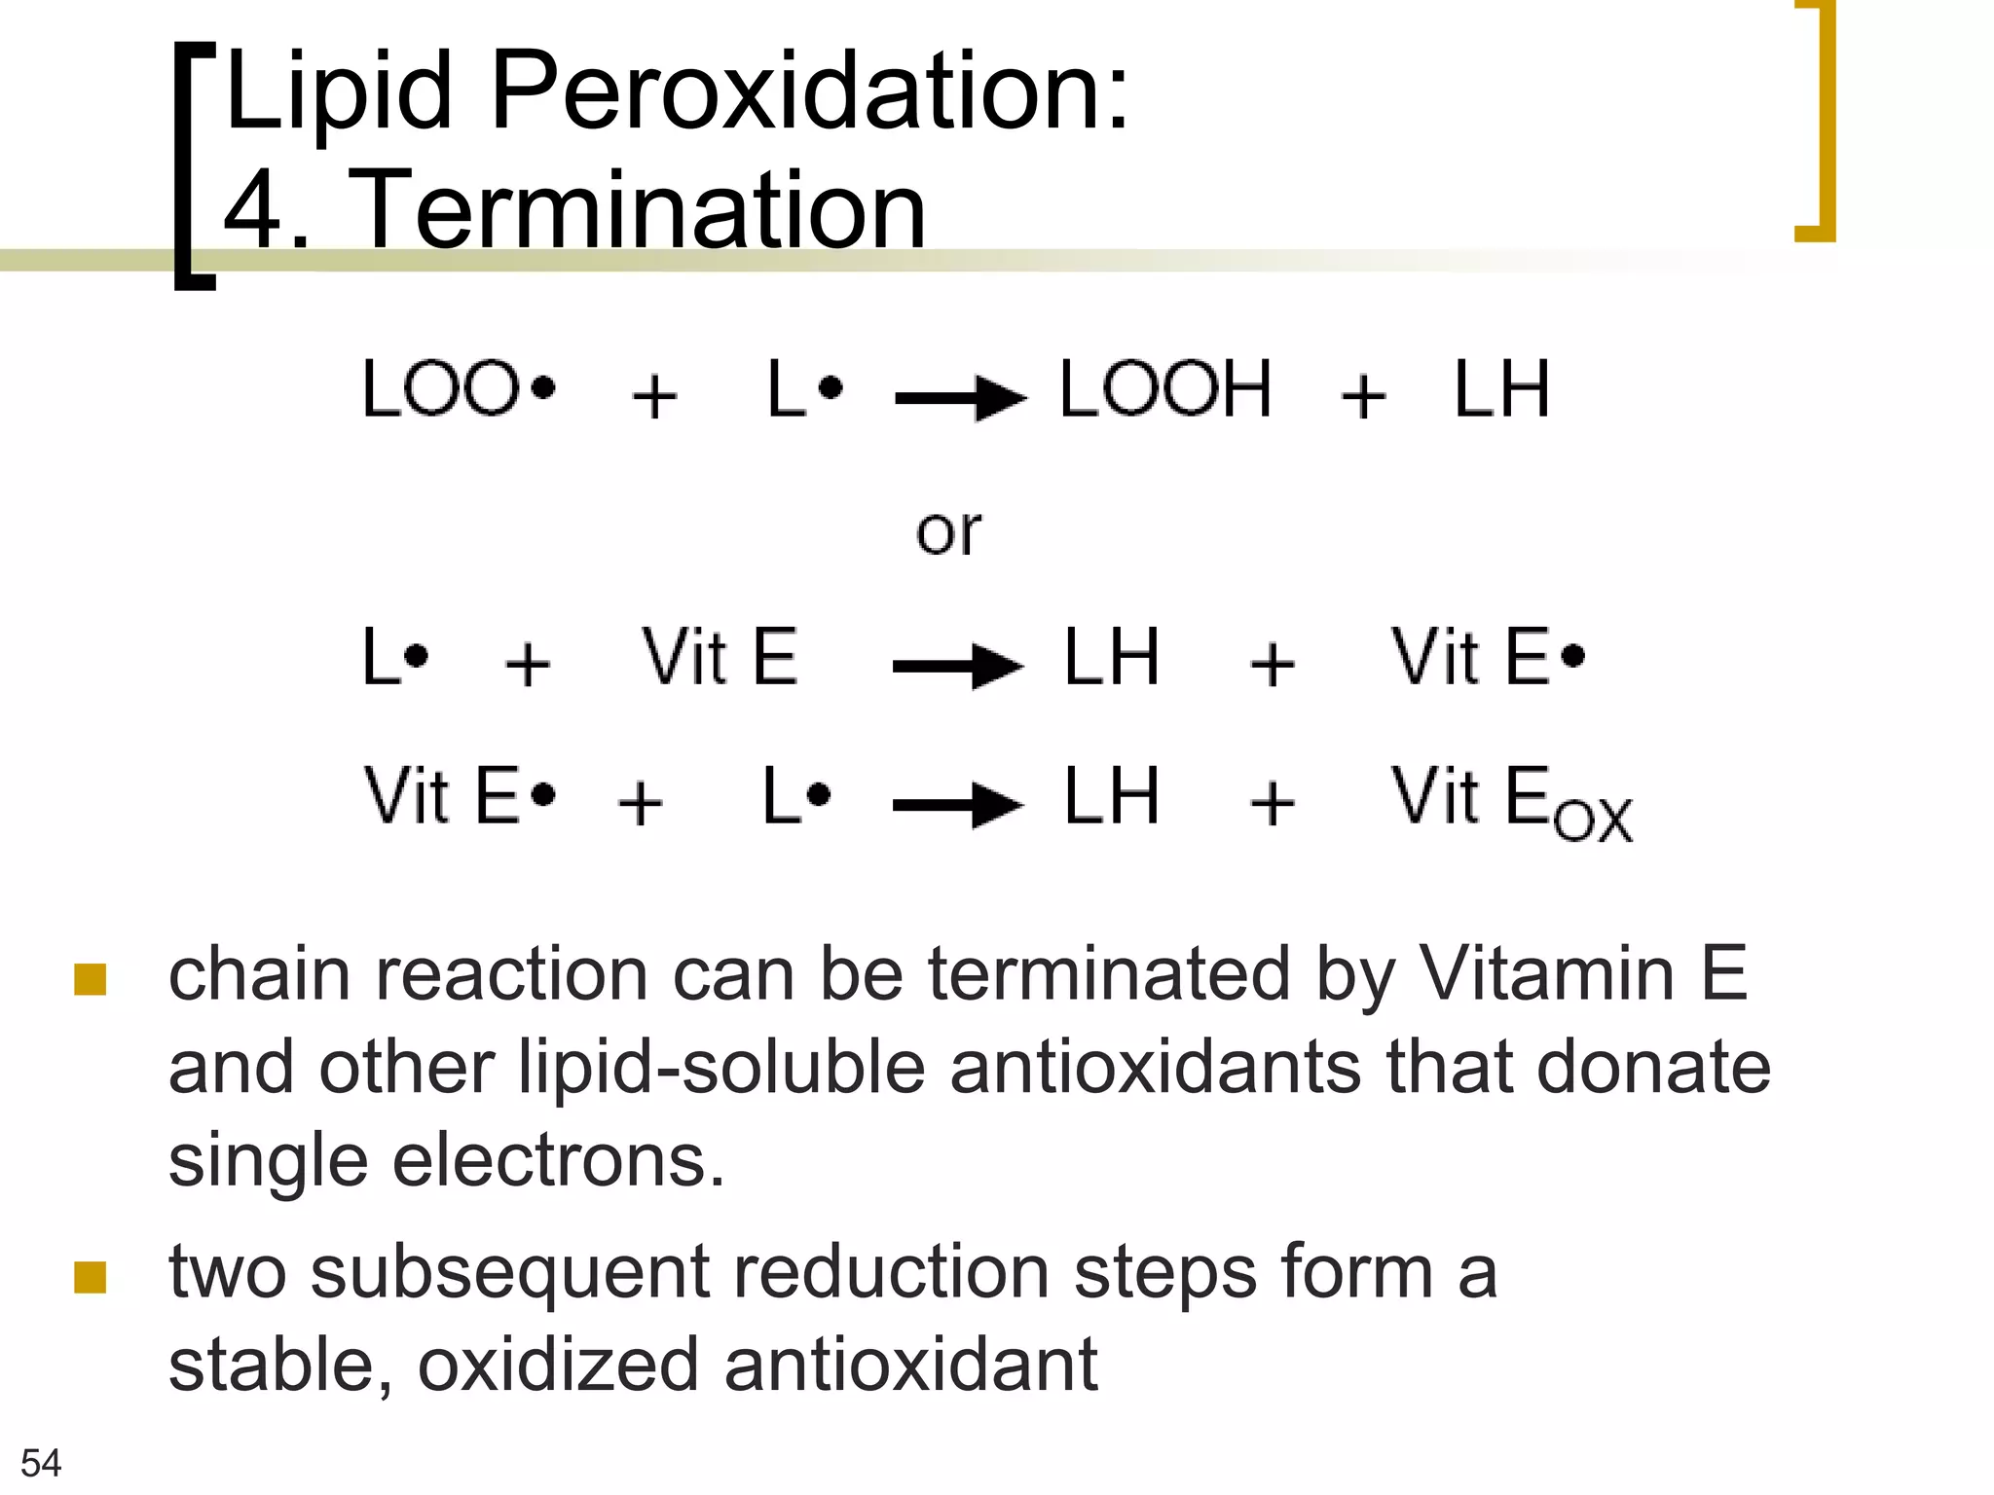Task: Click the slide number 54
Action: (x=41, y=1463)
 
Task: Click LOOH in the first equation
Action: (x=1165, y=389)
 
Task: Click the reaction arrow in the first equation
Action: (x=960, y=397)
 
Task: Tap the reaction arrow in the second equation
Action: (x=958, y=666)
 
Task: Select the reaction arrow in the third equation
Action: (x=958, y=804)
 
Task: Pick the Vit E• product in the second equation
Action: (x=1487, y=658)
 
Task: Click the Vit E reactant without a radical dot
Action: (x=720, y=658)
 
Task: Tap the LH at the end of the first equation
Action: (x=1500, y=389)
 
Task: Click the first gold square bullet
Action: (x=90, y=979)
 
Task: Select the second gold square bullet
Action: (x=90, y=1277)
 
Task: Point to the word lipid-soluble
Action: (x=721, y=1068)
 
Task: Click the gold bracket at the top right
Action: (x=1817, y=122)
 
